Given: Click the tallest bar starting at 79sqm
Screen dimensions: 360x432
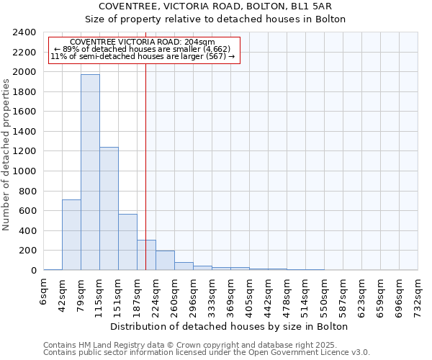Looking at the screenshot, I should point(90,173).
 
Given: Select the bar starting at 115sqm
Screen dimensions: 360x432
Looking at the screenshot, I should point(109,209).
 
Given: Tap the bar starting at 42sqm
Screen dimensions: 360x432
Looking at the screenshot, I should point(71,235).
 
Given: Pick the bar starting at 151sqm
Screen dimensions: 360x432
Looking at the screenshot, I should point(127,242).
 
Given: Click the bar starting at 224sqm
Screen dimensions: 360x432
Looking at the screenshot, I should point(165,261).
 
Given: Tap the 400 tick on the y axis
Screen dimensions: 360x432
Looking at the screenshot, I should point(29,231).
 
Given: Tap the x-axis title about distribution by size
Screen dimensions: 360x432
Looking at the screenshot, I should point(230,327).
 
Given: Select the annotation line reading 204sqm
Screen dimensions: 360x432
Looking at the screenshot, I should point(143,42).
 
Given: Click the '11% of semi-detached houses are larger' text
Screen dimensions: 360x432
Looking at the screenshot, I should point(143,57).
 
